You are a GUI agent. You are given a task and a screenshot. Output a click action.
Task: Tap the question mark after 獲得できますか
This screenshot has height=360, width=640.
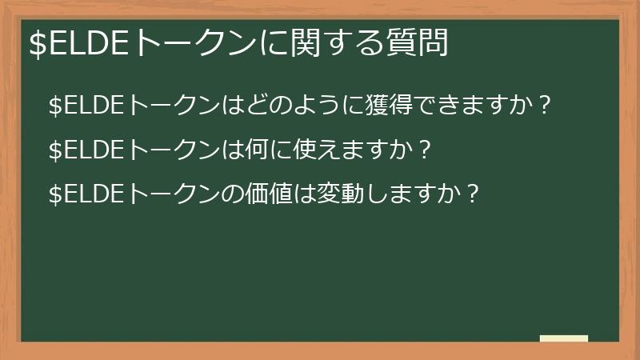pos(546,105)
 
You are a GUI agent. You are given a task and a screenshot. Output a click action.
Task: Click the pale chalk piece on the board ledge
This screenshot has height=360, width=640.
pos(564,338)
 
